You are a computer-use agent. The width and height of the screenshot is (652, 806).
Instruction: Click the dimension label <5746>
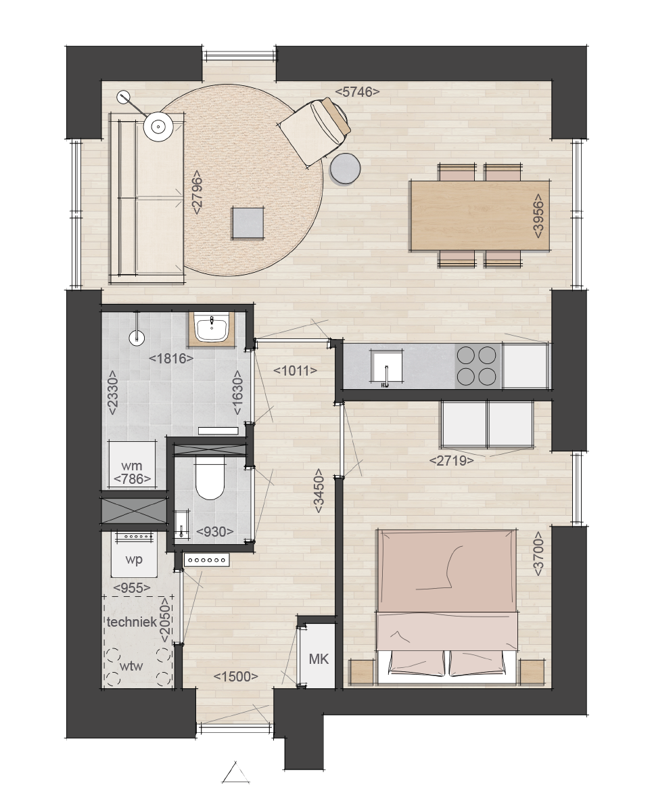tap(357, 92)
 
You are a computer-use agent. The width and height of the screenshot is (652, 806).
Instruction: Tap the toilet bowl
tap(209, 480)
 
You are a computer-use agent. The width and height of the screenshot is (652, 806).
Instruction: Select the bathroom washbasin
tap(212, 328)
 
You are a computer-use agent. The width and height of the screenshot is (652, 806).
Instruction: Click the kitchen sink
tap(386, 367)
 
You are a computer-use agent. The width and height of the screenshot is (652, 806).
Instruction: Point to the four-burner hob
tap(478, 366)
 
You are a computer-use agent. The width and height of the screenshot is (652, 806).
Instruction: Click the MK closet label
tap(319, 658)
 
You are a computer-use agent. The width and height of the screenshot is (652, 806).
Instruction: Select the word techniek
tap(131, 622)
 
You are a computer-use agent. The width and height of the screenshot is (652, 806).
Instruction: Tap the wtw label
tap(131, 666)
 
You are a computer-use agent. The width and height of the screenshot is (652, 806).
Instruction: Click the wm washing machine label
tap(131, 466)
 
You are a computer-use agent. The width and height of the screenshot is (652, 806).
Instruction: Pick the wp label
tap(134, 559)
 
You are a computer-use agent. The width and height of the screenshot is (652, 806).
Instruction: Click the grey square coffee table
tap(248, 222)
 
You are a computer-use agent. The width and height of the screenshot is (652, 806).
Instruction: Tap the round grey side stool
tap(345, 169)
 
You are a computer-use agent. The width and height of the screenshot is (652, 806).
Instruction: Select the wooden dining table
tap(480, 215)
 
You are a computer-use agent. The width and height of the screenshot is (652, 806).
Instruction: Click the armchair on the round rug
tap(315, 129)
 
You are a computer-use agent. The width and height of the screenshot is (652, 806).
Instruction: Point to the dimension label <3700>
tap(538, 554)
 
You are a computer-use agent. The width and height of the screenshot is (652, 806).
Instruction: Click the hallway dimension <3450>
tap(319, 490)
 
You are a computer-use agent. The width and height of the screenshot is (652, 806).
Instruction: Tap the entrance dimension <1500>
tap(236, 677)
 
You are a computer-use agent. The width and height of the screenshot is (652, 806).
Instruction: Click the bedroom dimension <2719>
tap(452, 461)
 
